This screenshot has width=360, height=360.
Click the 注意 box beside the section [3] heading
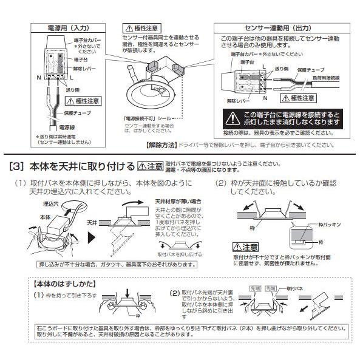click(151, 166)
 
